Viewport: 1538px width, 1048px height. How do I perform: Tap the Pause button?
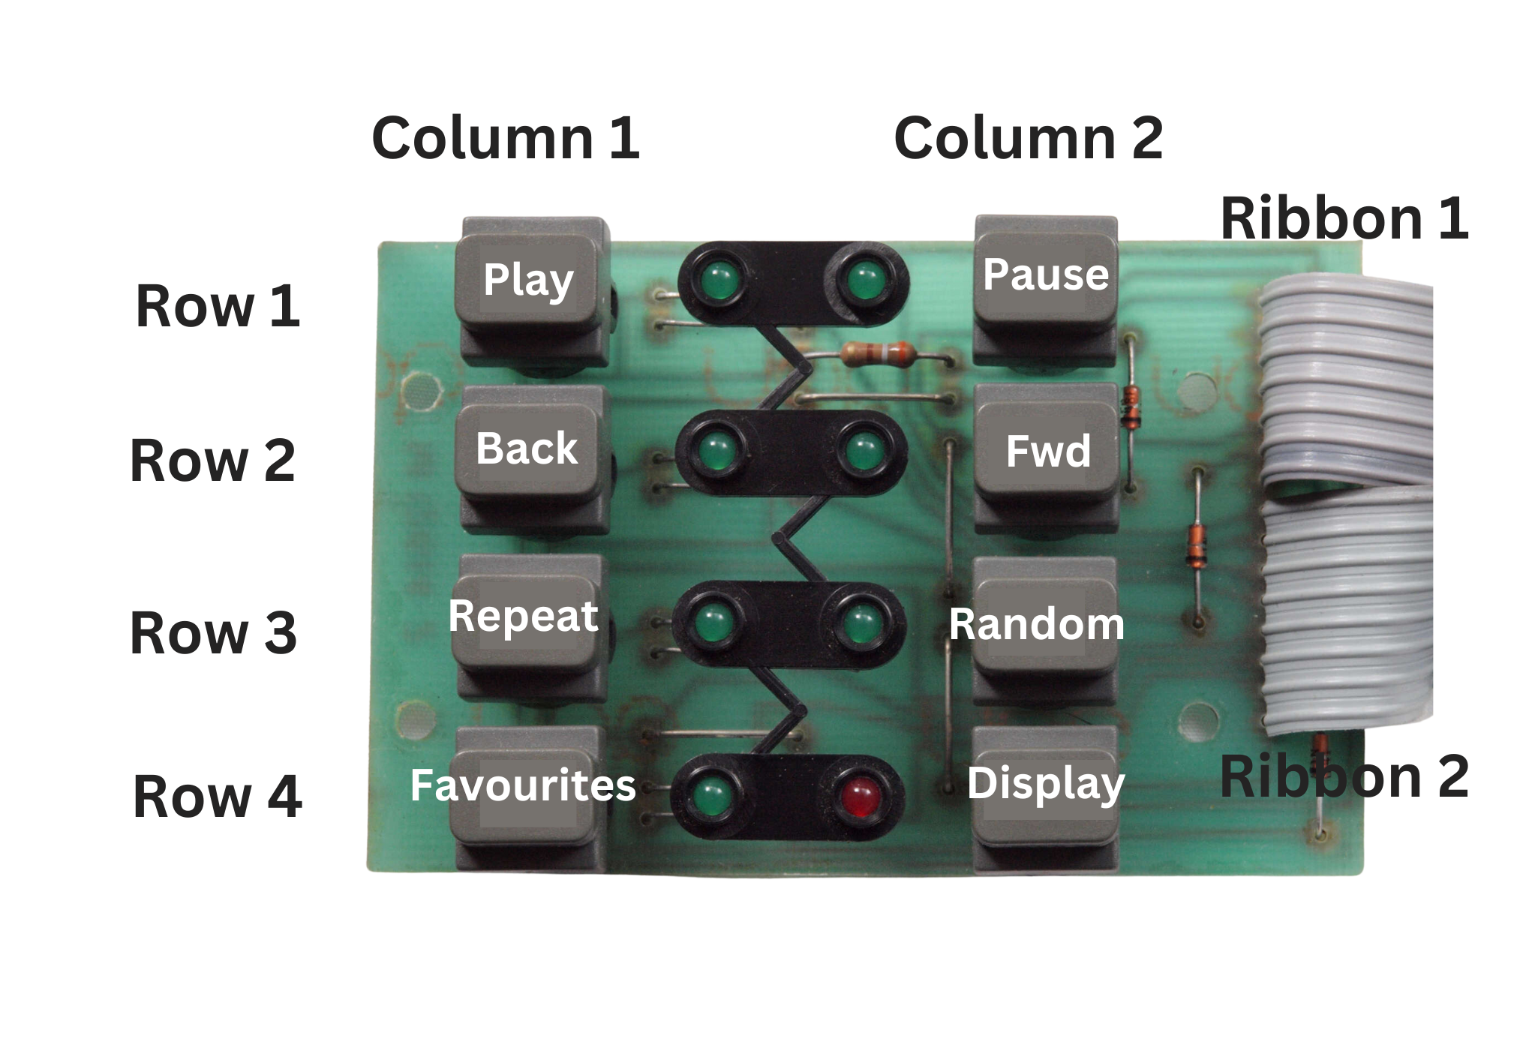pyautogui.click(x=1045, y=278)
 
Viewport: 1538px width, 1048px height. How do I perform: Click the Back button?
pyautogui.click(x=527, y=450)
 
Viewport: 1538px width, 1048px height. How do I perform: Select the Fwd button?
pyautogui.click(x=1047, y=452)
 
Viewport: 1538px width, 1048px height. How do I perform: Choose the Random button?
pyautogui.click(x=1038, y=625)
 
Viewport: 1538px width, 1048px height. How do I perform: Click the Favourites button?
pyautogui.click(x=523, y=786)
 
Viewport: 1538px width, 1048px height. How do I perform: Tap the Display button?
pyautogui.click(x=1046, y=784)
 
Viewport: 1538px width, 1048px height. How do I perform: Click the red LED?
pyautogui.click(x=860, y=797)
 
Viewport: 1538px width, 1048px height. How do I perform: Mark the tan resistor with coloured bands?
pyautogui.click(x=876, y=354)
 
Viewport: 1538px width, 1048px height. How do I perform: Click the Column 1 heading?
pyautogui.click(x=505, y=139)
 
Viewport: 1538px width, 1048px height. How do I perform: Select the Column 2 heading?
pyautogui.click(x=1028, y=139)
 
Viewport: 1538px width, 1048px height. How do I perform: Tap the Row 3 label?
pyautogui.click(x=213, y=632)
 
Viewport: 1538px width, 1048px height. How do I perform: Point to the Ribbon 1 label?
pyautogui.click(x=1344, y=218)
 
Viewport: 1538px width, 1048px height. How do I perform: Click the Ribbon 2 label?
pyautogui.click(x=1344, y=777)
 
